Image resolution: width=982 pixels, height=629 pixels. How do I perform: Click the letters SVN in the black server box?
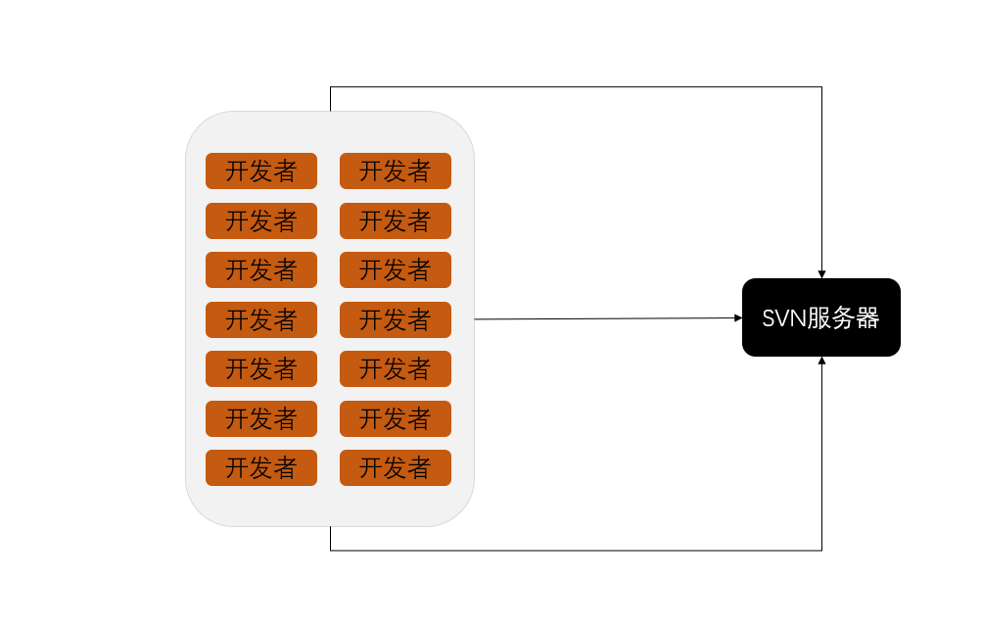coord(783,318)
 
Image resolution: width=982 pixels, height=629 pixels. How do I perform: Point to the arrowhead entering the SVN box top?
coord(821,274)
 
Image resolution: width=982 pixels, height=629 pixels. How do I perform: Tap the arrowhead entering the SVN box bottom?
coord(821,361)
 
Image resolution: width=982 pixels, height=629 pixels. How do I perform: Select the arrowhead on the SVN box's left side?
coord(738,317)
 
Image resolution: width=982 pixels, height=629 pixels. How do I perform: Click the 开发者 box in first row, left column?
coord(261,170)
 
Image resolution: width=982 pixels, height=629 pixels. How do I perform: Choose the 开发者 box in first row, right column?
coord(396,170)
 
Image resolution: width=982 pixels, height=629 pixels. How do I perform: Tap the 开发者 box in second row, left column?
coord(261,220)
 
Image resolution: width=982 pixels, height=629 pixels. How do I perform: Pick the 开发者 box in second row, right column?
coord(396,220)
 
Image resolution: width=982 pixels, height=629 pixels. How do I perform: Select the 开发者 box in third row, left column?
coord(261,269)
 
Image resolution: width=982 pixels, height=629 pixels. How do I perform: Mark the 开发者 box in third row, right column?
coord(396,269)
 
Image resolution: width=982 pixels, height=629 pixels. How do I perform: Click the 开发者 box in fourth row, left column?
coord(261,319)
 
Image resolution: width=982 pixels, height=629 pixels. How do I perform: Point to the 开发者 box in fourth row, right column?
coord(396,319)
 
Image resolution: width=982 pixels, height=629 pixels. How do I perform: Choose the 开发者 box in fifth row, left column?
coord(261,368)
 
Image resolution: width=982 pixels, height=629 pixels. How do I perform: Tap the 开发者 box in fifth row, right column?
coord(396,368)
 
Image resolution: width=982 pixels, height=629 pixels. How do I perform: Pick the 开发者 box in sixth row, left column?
coord(261,418)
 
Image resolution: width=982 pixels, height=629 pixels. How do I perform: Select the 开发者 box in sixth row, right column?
coord(396,418)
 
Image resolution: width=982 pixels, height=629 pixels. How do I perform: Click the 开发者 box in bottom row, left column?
coord(261,467)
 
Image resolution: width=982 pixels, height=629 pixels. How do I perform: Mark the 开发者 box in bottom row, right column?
coord(396,467)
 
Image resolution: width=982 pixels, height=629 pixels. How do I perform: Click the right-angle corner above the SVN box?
coord(821,87)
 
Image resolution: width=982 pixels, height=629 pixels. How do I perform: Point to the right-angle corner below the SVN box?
coord(821,551)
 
